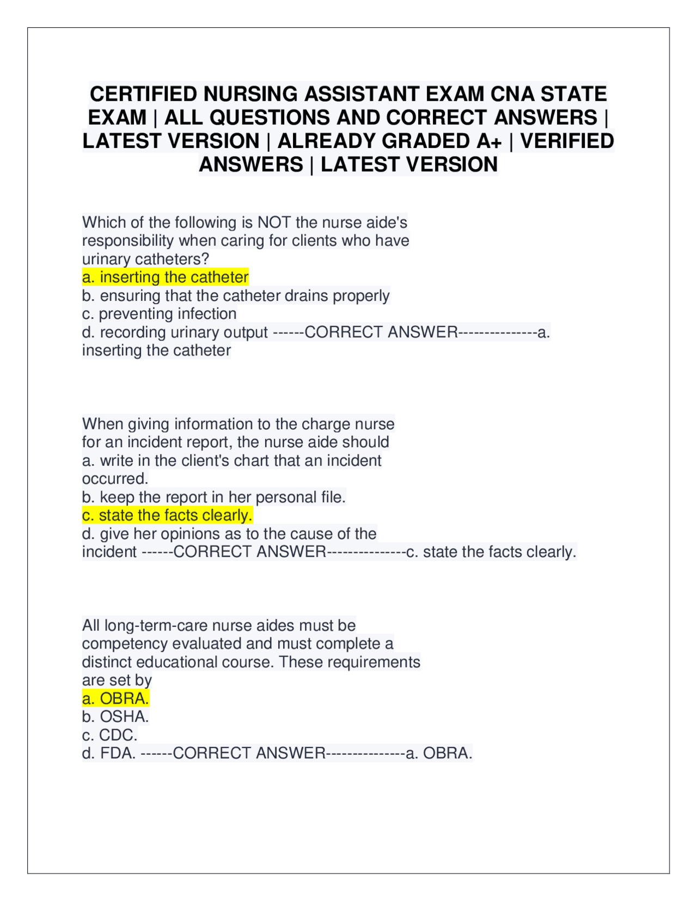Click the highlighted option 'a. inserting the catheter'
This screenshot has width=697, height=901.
pos(165,277)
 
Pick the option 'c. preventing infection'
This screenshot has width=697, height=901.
pos(159,314)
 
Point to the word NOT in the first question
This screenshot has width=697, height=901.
pos(274,223)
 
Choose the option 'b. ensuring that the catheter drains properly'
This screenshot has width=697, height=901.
pos(235,296)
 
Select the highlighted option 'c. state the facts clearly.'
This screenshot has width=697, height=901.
pos(167,515)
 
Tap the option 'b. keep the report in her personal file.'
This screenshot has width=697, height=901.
pos(213,497)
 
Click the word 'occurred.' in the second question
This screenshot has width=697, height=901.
pos(115,479)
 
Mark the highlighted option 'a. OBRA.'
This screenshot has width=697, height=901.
pos(115,699)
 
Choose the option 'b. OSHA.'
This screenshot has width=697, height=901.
pos(115,717)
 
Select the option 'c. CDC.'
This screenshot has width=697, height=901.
pos(109,735)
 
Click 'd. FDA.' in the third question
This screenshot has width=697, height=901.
pos(109,754)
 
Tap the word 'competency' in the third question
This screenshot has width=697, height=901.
pos(125,644)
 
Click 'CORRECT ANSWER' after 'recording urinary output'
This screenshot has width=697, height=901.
pos(381,332)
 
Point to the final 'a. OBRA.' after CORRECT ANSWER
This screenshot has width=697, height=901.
pos(439,754)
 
